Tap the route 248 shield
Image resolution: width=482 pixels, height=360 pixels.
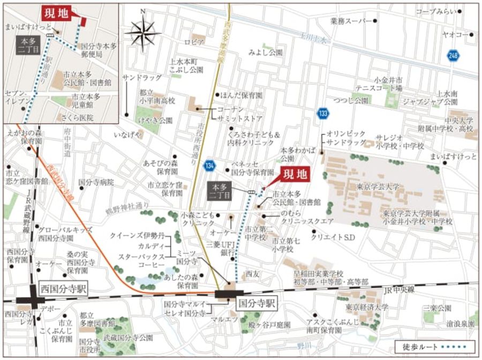pos(454,55)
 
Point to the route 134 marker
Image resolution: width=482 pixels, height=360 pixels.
pos(209,167)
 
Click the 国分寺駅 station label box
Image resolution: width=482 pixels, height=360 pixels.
pos(255,303)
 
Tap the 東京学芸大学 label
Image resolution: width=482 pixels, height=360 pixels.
pos(378,187)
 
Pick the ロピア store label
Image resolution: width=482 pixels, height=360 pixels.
pos(194,42)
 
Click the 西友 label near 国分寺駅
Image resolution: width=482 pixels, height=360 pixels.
pos(252,274)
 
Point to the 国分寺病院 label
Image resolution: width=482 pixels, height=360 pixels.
pos(96,182)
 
